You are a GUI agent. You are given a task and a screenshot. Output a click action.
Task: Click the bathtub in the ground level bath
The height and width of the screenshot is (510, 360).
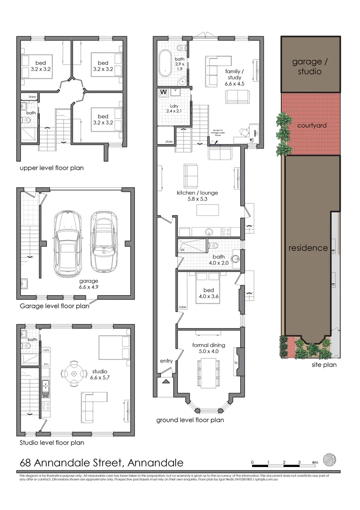[x=165, y=63]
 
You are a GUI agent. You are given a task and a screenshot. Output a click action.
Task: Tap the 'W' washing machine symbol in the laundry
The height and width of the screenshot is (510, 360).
[x=164, y=92]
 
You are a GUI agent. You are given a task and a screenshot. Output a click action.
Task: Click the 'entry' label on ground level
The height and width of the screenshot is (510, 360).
[x=166, y=361]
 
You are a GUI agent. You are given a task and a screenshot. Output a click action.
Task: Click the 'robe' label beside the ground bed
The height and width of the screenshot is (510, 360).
[x=182, y=307]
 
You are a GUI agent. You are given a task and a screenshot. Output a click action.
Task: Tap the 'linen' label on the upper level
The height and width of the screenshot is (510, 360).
[x=32, y=97]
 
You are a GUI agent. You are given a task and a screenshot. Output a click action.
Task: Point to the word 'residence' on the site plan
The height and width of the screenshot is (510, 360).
[x=308, y=248]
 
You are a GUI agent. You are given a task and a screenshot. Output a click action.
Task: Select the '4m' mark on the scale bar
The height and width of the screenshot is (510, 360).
[x=315, y=462]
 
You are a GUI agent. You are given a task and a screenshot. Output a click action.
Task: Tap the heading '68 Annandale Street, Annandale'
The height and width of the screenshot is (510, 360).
[x=101, y=463]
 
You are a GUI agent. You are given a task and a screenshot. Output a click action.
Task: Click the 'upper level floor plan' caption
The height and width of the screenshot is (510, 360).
[x=51, y=168]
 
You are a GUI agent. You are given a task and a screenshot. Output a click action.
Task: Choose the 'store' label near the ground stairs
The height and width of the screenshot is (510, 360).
[x=168, y=142]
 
